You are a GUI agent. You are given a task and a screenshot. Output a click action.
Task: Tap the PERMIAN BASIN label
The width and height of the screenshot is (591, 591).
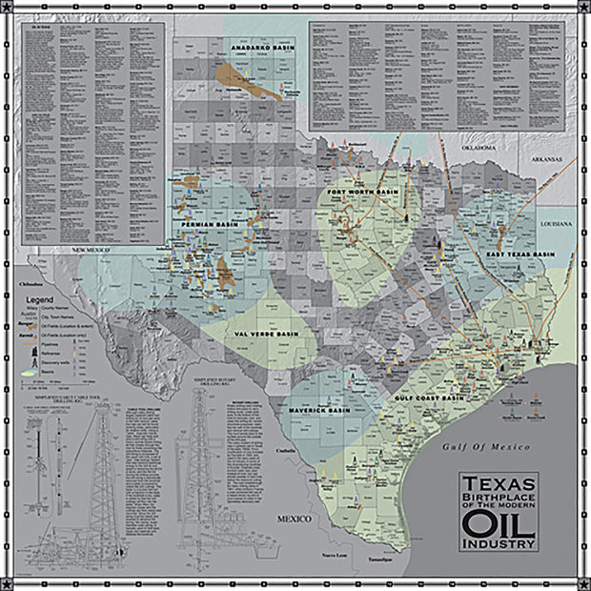click(204, 224)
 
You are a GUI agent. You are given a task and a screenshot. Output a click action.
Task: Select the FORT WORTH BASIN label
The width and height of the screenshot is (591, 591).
click(362, 193)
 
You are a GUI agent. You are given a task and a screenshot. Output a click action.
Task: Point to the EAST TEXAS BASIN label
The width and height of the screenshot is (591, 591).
click(520, 255)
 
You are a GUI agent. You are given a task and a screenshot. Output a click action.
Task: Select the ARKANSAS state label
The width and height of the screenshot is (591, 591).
click(547, 159)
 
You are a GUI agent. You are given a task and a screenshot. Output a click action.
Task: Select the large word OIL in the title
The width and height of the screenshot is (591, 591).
click(499, 522)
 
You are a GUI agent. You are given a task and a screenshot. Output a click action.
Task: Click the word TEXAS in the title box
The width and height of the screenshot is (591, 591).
click(499, 484)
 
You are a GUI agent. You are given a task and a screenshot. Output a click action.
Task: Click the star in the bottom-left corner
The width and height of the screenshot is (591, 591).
click(9, 582)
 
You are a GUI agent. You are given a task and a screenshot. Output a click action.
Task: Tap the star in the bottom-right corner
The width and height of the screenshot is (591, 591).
click(582, 582)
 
